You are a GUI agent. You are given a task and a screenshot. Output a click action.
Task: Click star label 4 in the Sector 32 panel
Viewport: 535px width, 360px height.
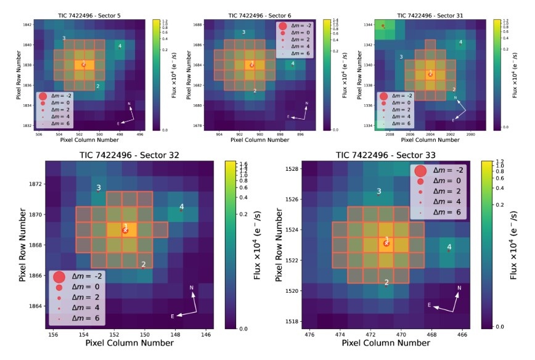[181, 207]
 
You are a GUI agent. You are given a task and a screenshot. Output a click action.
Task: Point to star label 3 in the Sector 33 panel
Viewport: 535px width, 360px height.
[379, 192]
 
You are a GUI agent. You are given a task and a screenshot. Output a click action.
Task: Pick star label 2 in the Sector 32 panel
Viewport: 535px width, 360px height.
[144, 264]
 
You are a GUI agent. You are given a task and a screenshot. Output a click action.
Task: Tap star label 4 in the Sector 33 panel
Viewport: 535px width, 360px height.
[449, 247]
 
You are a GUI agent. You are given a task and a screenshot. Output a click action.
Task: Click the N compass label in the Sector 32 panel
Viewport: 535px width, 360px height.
[192, 288]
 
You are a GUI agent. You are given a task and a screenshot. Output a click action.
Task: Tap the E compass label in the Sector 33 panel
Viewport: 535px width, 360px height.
[429, 305]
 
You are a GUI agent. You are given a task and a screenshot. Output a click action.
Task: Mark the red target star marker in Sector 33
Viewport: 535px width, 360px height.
[386, 243]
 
